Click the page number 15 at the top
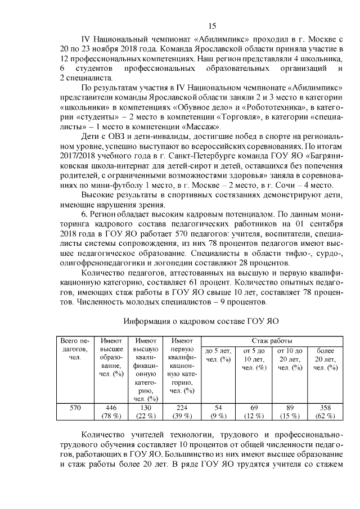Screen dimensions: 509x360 click(213, 25)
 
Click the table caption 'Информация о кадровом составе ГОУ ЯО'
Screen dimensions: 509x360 click(202, 321)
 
